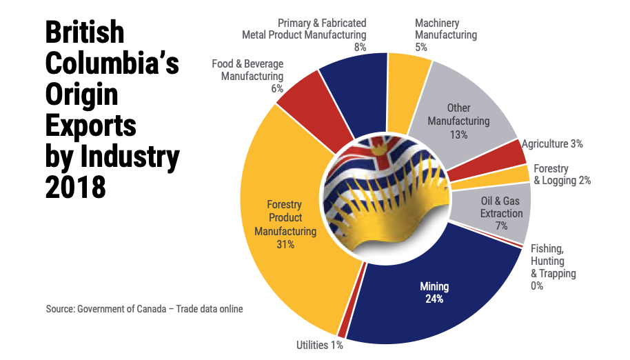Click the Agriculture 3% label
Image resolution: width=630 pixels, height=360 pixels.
pos(553,144)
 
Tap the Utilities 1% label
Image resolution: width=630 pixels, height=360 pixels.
pos(319,345)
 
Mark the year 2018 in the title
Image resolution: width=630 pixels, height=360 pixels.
pos(75,186)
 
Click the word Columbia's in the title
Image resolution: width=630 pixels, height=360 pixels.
pos(112,64)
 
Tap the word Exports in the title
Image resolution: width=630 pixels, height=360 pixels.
pos(90,126)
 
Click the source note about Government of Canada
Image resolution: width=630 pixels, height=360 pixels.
pos(144,309)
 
